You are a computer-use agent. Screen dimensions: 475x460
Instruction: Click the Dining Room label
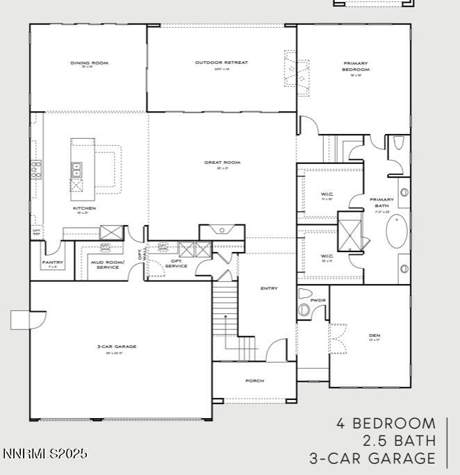[89, 62]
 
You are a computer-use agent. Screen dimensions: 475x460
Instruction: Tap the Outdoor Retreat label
[221, 62]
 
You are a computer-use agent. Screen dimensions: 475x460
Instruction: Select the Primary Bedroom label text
[356, 67]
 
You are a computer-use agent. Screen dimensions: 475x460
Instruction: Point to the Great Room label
[222, 162]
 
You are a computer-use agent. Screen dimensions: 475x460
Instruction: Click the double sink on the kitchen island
[76, 169]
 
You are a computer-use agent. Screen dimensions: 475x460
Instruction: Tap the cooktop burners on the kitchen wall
[35, 169]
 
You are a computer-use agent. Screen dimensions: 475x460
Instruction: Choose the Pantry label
[53, 262]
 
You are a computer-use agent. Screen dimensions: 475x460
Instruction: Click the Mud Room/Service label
[108, 265]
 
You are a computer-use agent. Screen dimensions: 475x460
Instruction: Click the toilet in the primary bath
[398, 143]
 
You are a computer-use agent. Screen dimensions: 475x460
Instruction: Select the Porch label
[255, 381]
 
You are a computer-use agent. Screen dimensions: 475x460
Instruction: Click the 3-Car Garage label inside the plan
[116, 346]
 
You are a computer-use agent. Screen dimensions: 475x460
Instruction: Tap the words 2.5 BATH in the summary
[399, 440]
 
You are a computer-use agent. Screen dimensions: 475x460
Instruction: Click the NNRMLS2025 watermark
[45, 453]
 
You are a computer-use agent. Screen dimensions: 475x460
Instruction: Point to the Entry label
[269, 288]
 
